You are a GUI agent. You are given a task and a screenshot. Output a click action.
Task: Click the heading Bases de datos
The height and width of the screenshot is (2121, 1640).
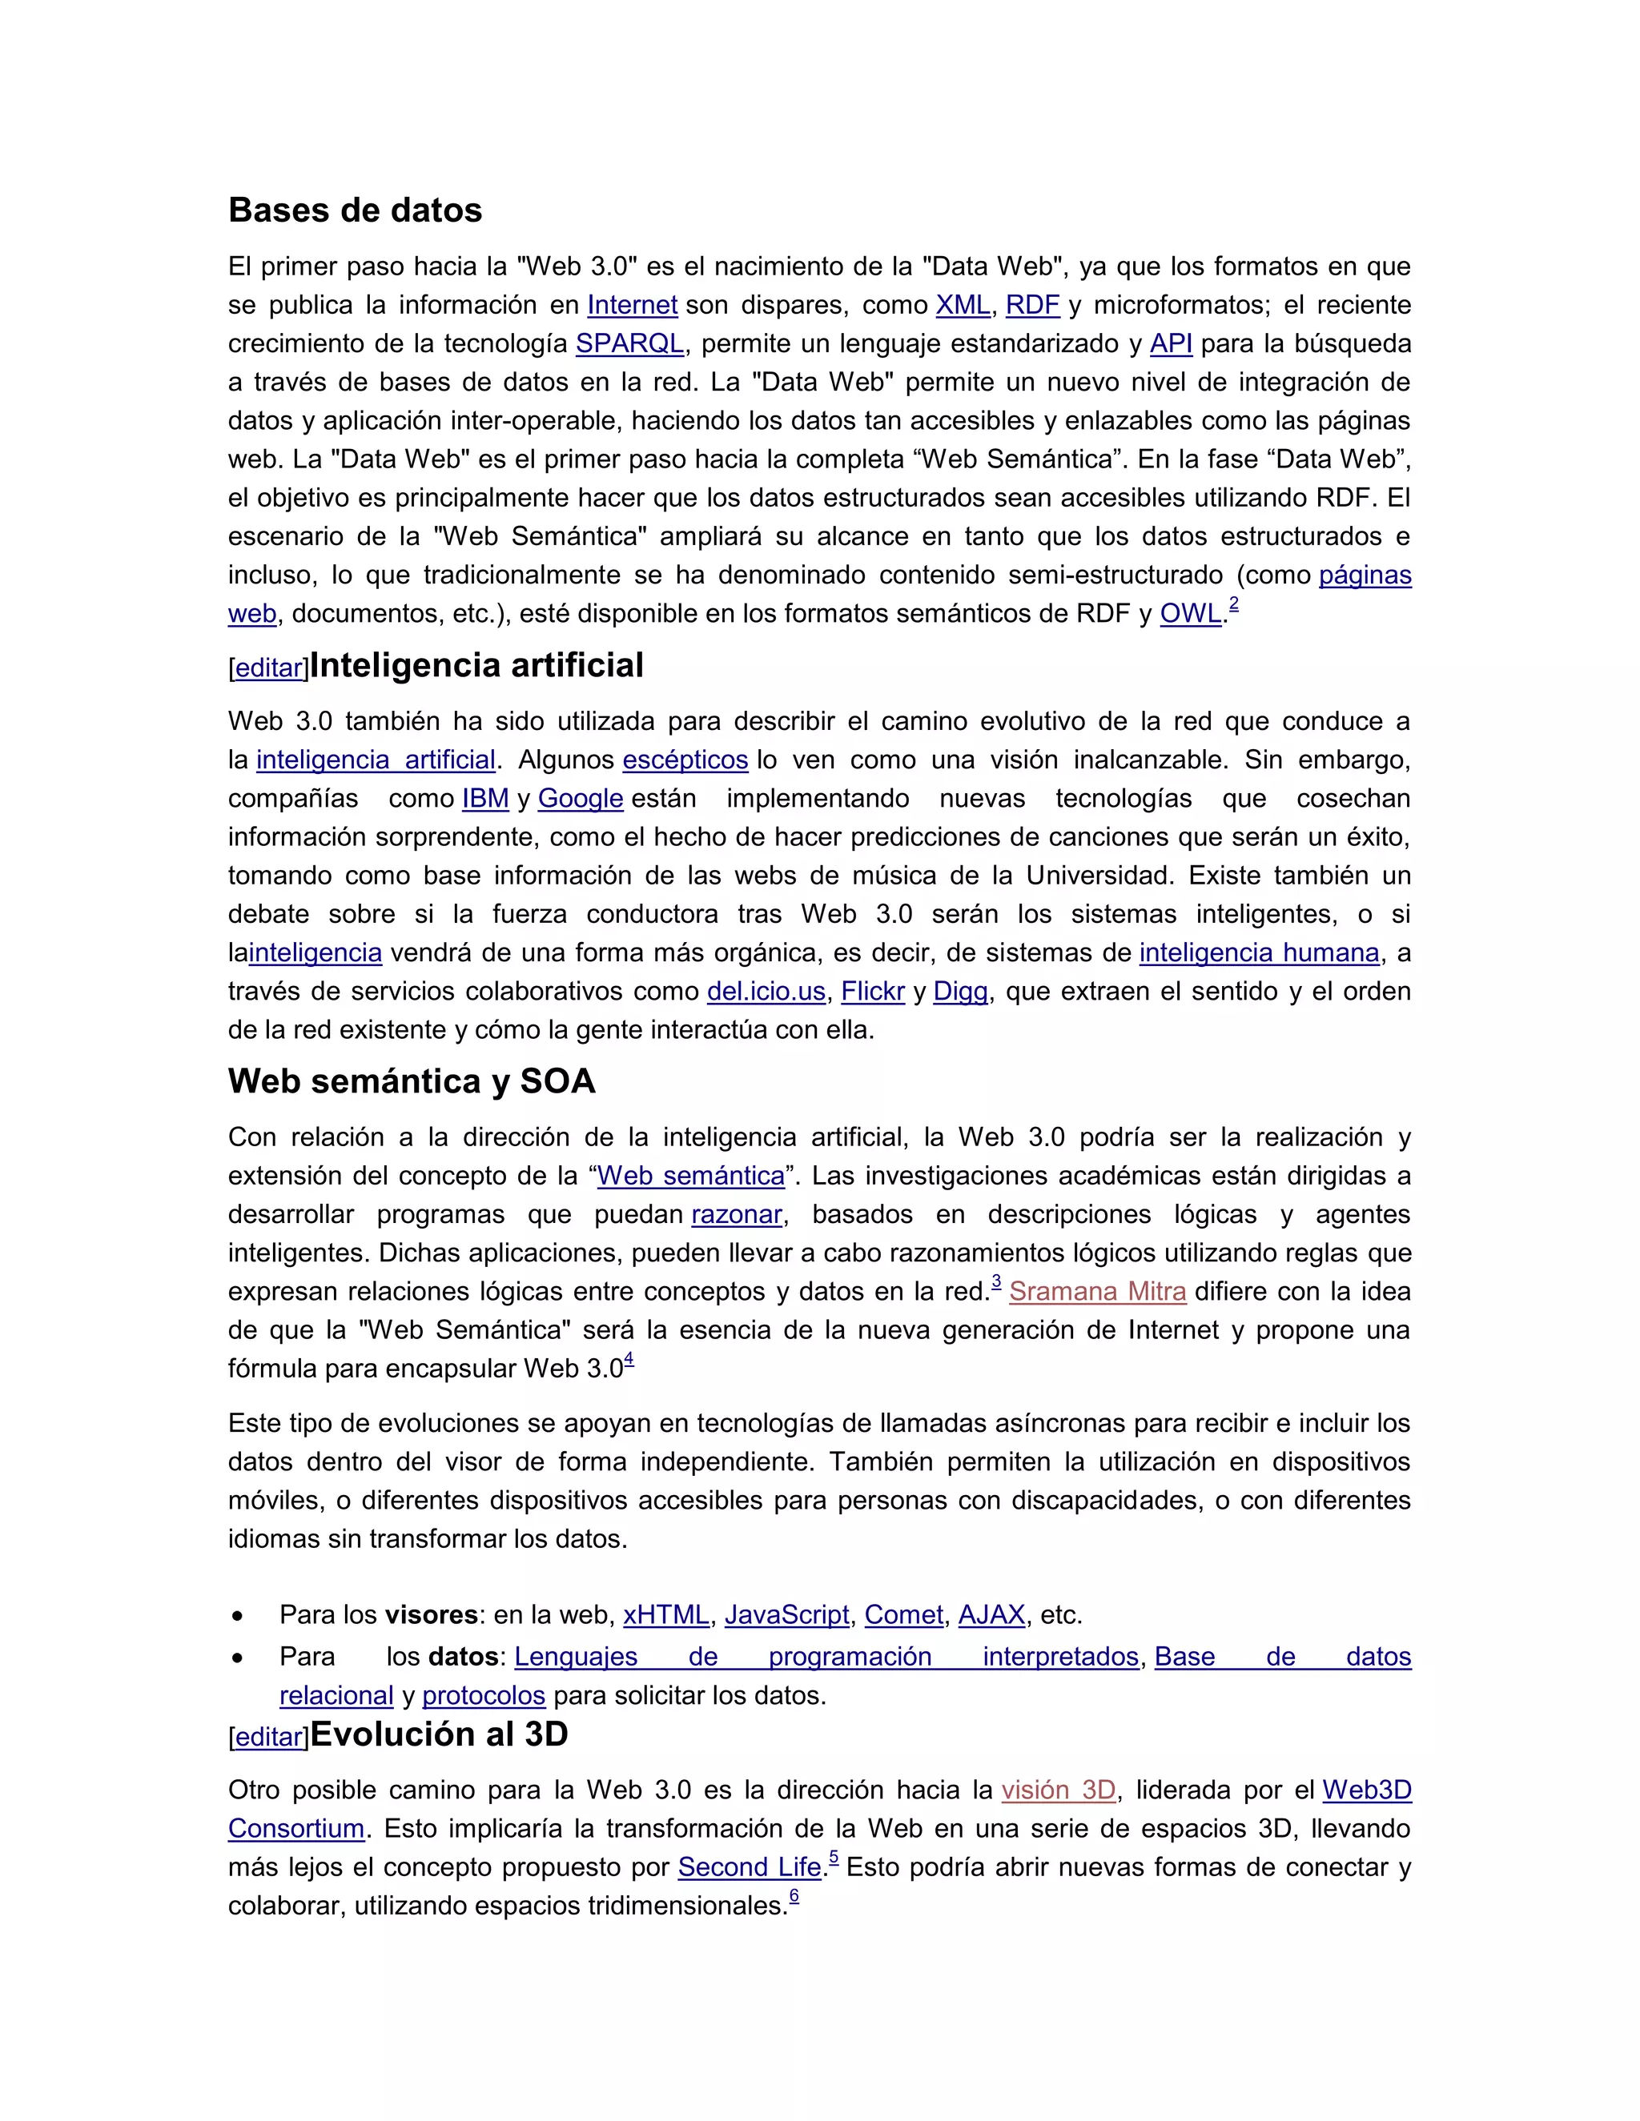tap(355, 210)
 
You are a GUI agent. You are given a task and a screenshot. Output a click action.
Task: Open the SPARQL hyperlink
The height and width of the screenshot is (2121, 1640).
tap(629, 344)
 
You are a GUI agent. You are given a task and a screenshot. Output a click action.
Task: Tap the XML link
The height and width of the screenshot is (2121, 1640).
tap(962, 305)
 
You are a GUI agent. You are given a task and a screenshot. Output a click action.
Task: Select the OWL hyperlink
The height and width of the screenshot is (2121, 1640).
tap(1189, 614)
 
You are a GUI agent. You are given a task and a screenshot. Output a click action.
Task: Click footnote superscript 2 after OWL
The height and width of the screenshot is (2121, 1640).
tap(1233, 604)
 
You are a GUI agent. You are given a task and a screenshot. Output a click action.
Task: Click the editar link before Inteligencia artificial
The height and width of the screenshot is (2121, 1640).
tap(269, 668)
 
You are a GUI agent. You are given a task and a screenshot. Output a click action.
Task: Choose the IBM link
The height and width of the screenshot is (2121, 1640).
tap(484, 798)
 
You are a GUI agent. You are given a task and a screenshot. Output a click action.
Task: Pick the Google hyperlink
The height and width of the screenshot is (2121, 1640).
tap(580, 798)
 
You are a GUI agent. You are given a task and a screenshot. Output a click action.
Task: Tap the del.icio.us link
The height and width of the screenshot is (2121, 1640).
tap(766, 992)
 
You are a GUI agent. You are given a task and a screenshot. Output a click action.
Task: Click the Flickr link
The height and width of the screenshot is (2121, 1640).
tap(873, 992)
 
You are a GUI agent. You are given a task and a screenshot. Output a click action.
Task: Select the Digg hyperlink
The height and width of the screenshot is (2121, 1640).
tap(960, 992)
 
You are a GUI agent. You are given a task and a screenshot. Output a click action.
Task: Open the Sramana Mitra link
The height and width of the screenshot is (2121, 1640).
tap(1097, 1292)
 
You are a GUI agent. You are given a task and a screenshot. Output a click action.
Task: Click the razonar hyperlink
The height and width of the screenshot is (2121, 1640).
tap(737, 1215)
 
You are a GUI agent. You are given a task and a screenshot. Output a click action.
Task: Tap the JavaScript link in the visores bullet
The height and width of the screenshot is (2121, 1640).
tap(786, 1615)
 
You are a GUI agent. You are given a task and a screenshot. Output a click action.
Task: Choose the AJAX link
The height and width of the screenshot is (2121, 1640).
tap(991, 1615)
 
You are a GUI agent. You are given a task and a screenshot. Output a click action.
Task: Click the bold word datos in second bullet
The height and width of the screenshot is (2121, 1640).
tap(464, 1657)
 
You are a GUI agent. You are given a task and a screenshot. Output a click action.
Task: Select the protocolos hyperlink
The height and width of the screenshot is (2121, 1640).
tap(483, 1696)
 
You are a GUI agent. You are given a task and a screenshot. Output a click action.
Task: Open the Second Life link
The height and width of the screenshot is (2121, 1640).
tap(749, 1867)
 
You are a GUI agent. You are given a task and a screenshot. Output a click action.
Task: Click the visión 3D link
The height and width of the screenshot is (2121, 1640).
tap(1058, 1790)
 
